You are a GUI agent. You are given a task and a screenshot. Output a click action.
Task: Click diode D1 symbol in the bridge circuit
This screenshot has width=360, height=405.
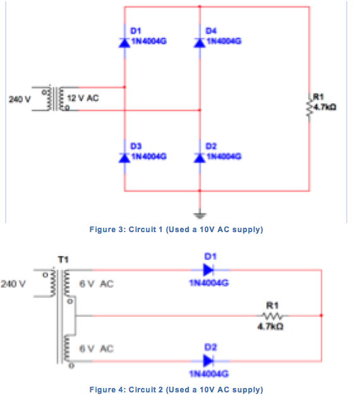point(125,42)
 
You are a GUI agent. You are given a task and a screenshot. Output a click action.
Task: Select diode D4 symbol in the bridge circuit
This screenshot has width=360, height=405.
point(200,42)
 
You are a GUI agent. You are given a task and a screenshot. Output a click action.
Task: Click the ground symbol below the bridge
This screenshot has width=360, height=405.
point(200,211)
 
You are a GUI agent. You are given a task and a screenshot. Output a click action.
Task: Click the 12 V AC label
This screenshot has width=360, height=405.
point(88,98)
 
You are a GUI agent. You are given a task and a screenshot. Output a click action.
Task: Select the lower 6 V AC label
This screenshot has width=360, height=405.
point(97,349)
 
